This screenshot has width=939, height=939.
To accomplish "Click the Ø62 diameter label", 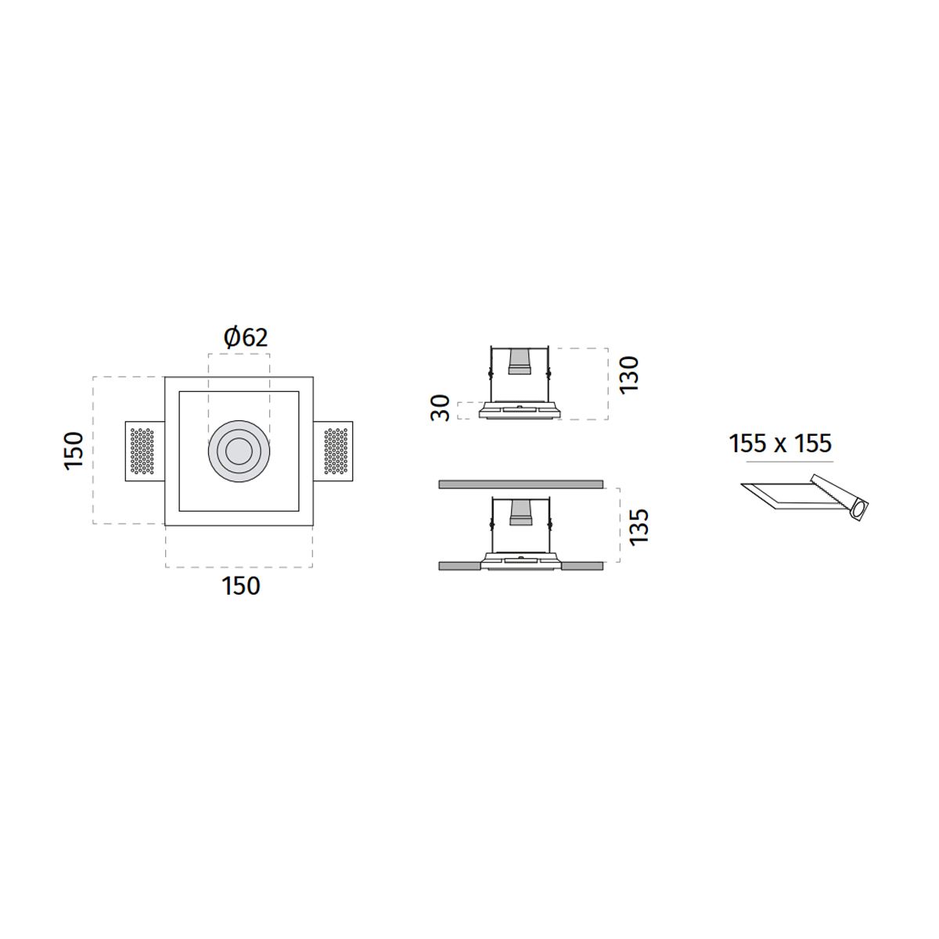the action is click(246, 337).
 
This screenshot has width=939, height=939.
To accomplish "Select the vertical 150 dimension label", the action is click(74, 451).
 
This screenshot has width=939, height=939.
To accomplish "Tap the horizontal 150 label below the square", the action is click(241, 586).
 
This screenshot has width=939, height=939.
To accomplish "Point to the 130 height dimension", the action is click(628, 374).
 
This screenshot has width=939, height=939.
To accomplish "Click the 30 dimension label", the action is click(441, 408).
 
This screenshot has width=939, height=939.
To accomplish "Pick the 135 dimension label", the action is click(639, 527).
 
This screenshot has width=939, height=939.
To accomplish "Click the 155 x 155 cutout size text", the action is click(779, 444).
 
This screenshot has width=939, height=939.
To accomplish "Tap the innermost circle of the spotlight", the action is click(239, 452).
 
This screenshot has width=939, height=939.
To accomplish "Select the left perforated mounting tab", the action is click(145, 452).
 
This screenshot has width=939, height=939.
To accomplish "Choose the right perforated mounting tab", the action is click(333, 452).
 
